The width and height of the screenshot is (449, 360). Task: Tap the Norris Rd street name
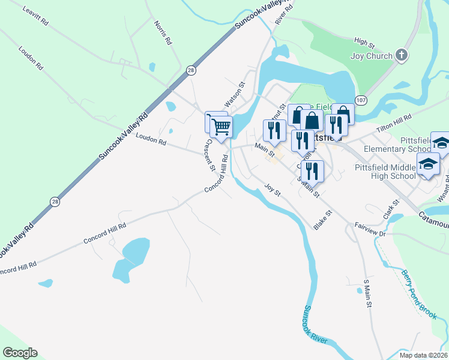[x=163, y=34]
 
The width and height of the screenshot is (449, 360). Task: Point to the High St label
[x=364, y=43]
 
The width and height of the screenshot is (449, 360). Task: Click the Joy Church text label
[x=370, y=56]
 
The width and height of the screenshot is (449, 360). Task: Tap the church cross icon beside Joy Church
[x=402, y=56]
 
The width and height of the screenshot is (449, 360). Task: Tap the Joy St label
[x=273, y=190]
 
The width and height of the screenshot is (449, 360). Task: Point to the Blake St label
[x=322, y=220]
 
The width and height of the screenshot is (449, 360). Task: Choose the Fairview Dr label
[x=370, y=229]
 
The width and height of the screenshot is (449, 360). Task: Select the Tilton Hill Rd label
[x=394, y=122]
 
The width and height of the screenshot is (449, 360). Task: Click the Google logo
[x=20, y=353]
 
